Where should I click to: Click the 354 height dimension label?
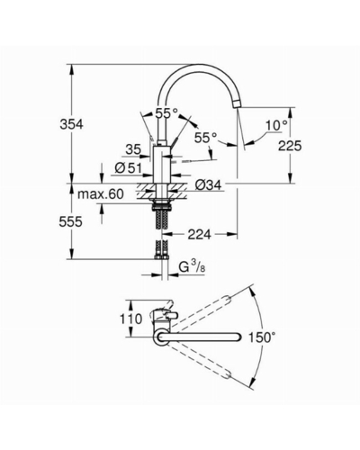pos(71,124)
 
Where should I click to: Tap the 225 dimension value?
pos(290,146)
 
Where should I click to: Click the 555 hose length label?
pos(70,222)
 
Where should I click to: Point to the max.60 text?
pos(101,194)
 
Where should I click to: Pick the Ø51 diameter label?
pos(128,168)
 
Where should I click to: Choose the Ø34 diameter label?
pos(208,185)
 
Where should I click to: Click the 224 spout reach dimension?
pos(200,234)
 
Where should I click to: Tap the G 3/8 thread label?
pos(192,266)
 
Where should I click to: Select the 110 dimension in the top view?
pos(130,319)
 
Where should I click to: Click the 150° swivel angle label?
pos(262,337)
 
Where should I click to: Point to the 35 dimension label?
pos(133,149)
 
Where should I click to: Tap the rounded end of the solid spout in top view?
pos(238,337)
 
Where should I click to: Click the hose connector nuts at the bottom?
pos(162,256)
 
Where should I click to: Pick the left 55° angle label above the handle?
pos(166,113)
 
